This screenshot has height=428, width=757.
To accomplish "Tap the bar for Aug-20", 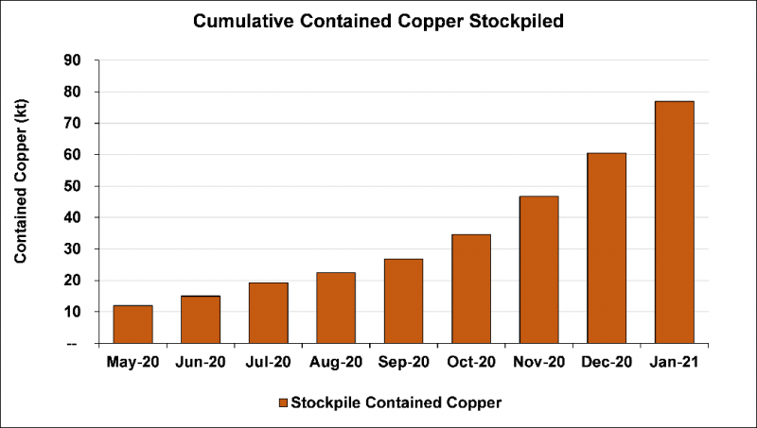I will [336, 308].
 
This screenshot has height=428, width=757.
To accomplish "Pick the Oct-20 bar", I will [471, 288].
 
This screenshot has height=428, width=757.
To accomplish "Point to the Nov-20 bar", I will [539, 269].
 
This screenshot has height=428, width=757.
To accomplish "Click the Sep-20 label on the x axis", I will [403, 361].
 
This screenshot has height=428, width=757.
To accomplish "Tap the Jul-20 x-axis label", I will [268, 361].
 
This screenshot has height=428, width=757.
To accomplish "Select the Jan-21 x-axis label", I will [675, 361].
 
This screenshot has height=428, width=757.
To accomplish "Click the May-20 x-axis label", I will [132, 361].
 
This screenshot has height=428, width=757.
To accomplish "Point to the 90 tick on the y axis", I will [73, 60].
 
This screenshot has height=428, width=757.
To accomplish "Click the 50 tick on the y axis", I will [73, 186].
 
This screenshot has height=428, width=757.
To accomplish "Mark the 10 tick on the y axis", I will [73, 312].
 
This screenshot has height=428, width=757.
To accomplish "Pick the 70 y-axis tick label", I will [73, 124].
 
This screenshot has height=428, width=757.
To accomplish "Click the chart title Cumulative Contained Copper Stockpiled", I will [378, 21].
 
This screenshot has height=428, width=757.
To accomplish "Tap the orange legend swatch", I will [282, 402].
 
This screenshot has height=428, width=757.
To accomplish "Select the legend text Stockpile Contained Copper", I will [396, 402].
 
